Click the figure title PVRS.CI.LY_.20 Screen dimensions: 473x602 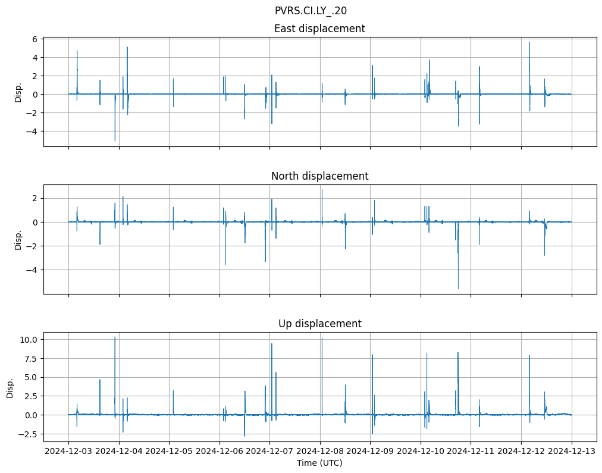pos(311,11)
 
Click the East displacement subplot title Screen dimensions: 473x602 pos(319,29)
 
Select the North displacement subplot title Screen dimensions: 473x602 pos(319,176)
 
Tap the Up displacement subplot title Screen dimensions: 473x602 pos(319,324)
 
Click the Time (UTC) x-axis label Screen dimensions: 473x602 pos(319,463)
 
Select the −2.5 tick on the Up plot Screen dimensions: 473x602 pos(28,434)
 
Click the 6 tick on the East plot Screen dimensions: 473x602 pos(35,39)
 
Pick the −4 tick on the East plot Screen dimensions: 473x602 pos(33,131)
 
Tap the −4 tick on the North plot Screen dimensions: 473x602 pos(33,270)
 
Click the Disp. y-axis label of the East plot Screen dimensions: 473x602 pos(18,92)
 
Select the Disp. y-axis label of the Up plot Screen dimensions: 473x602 pos(10,387)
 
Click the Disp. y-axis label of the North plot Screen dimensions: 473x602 pos(18,240)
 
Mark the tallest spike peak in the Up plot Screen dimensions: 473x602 pos(115,337)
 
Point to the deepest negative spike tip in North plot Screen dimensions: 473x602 pos(458,289)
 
